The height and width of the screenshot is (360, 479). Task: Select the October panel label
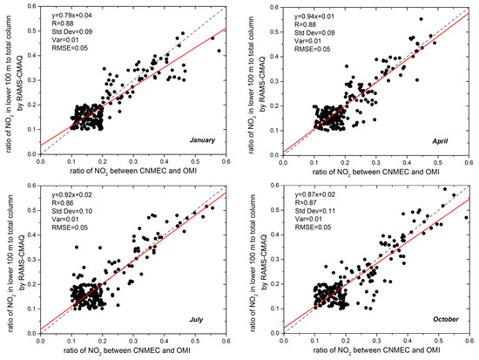[443, 320]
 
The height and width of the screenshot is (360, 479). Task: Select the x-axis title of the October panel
[381, 353]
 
